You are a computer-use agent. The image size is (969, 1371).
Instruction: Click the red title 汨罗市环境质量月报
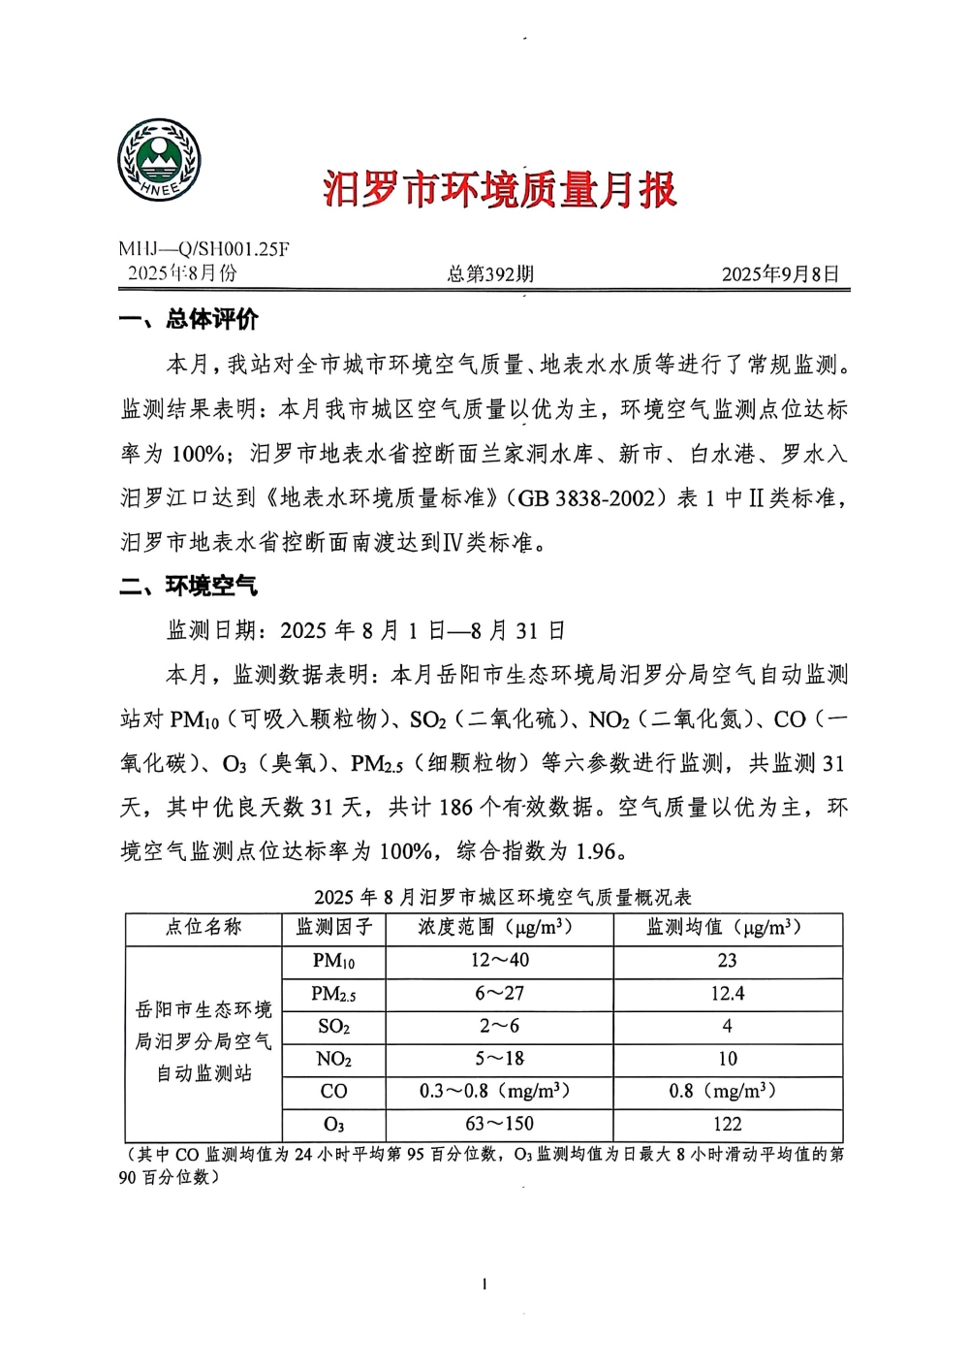coord(499,189)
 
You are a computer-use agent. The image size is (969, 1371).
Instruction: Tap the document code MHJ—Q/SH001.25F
coord(204,249)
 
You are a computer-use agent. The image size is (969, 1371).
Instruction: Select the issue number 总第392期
coord(490,274)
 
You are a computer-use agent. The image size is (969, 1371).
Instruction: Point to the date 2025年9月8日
coord(780,274)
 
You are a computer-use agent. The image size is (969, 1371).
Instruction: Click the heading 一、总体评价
coord(190,319)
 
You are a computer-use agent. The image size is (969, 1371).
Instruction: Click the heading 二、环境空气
coord(190,586)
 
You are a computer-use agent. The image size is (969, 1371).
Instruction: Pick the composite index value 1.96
coord(596,851)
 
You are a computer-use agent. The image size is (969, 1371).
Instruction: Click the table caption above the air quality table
coord(502,896)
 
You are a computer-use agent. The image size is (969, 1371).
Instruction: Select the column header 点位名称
coord(203,928)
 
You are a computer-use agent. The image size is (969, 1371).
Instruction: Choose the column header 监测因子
coord(333,928)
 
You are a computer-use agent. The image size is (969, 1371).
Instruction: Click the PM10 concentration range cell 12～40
coord(500,961)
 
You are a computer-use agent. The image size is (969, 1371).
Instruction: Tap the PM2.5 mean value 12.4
coord(727,994)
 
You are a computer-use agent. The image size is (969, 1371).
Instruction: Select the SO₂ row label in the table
coord(333,1027)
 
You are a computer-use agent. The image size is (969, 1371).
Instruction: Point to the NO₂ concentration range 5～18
coord(500,1059)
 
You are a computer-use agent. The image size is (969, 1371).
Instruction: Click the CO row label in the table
coord(333,1092)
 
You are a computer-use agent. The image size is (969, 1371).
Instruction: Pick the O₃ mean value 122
coord(727,1125)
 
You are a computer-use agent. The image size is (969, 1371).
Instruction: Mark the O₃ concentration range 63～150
coord(500,1125)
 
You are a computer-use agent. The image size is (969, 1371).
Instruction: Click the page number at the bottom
coord(484,1285)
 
